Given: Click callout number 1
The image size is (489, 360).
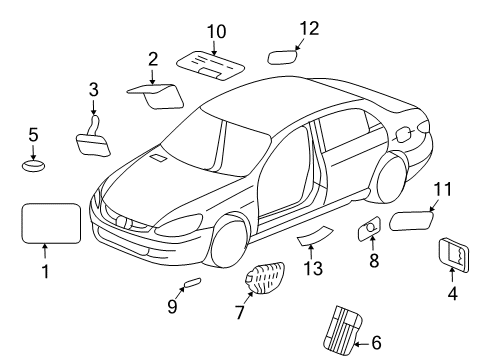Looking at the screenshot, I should click(x=44, y=271).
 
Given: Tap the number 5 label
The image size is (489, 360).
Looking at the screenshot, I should click(x=33, y=134).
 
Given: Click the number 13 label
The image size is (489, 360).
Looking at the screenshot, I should click(x=313, y=268).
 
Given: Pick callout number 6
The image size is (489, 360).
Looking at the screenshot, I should click(x=376, y=343).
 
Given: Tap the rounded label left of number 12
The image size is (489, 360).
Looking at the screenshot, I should click(x=283, y=53).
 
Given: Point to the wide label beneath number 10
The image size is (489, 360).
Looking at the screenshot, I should click(x=213, y=65).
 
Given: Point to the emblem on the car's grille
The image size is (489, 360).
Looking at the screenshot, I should click(x=122, y=222).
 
